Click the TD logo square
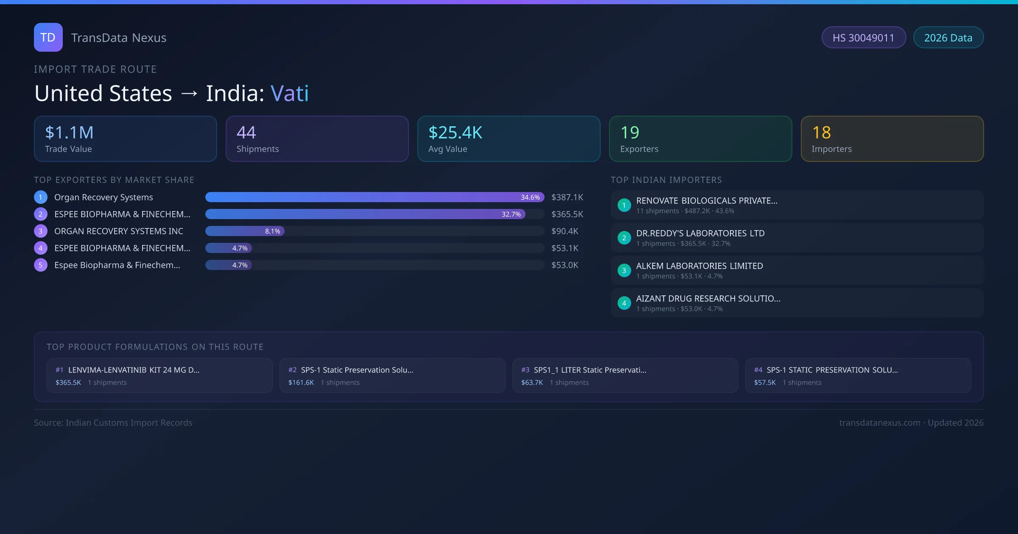pyautogui.click(x=48, y=37)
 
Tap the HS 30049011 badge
pyautogui.click(x=863, y=38)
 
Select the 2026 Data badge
pyautogui.click(x=948, y=38)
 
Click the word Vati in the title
pyautogui.click(x=290, y=93)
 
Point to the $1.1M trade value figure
pyautogui.click(x=69, y=133)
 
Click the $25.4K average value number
pyautogui.click(x=455, y=133)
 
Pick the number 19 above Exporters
pyautogui.click(x=629, y=133)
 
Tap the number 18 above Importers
pyautogui.click(x=821, y=133)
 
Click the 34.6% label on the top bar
pyautogui.click(x=530, y=197)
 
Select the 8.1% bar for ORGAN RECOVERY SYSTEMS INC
pyautogui.click(x=245, y=231)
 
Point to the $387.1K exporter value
pyautogui.click(x=567, y=197)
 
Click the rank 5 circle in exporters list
pyautogui.click(x=41, y=265)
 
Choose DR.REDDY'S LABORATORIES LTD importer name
pyautogui.click(x=700, y=234)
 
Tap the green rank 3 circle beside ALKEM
pyautogui.click(x=624, y=271)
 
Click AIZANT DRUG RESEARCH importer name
pyautogui.click(x=708, y=299)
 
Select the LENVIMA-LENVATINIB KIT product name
pyautogui.click(x=134, y=370)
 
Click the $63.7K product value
pyautogui.click(x=532, y=383)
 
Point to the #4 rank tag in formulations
pyautogui.click(x=758, y=370)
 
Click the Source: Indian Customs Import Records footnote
pyautogui.click(x=113, y=423)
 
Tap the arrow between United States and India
pyautogui.click(x=189, y=94)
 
